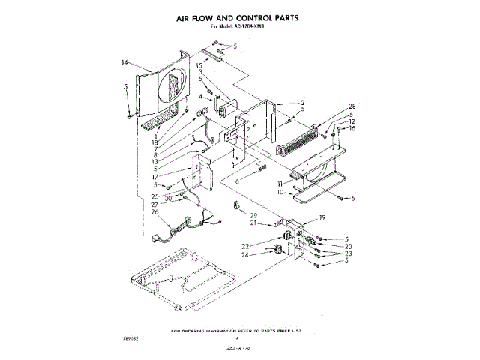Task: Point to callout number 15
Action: [199, 66]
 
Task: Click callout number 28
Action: [331, 106]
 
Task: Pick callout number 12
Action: [351, 121]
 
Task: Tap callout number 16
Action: [351, 128]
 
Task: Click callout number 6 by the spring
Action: [237, 181]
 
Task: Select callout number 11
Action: [280, 183]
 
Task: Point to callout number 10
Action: [280, 192]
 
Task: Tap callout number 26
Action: [154, 211]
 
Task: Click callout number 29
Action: [253, 215]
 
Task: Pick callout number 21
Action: [253, 223]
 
